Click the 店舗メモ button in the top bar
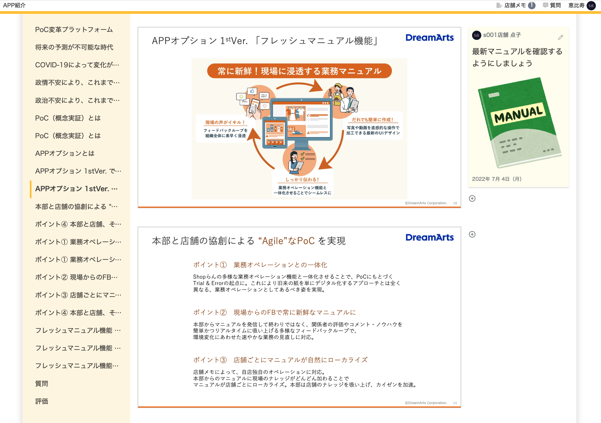(x=515, y=5)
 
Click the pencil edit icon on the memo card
(x=561, y=37)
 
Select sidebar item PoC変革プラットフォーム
(x=74, y=30)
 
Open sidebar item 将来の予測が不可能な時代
(x=74, y=47)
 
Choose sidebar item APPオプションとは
(x=65, y=153)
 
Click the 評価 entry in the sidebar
(x=42, y=401)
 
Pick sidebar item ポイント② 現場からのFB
(x=76, y=277)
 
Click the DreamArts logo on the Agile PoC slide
(x=429, y=238)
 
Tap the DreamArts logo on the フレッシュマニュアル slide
(x=429, y=38)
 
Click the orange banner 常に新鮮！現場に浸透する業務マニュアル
(x=299, y=71)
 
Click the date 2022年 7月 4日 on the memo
(x=496, y=179)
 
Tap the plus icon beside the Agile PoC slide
(x=472, y=234)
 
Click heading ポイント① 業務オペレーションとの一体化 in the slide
(x=260, y=265)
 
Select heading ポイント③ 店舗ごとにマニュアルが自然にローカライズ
(x=280, y=360)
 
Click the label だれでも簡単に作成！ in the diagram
(x=372, y=120)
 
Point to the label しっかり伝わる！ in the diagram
(x=302, y=180)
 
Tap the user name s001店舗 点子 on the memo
(x=502, y=35)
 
